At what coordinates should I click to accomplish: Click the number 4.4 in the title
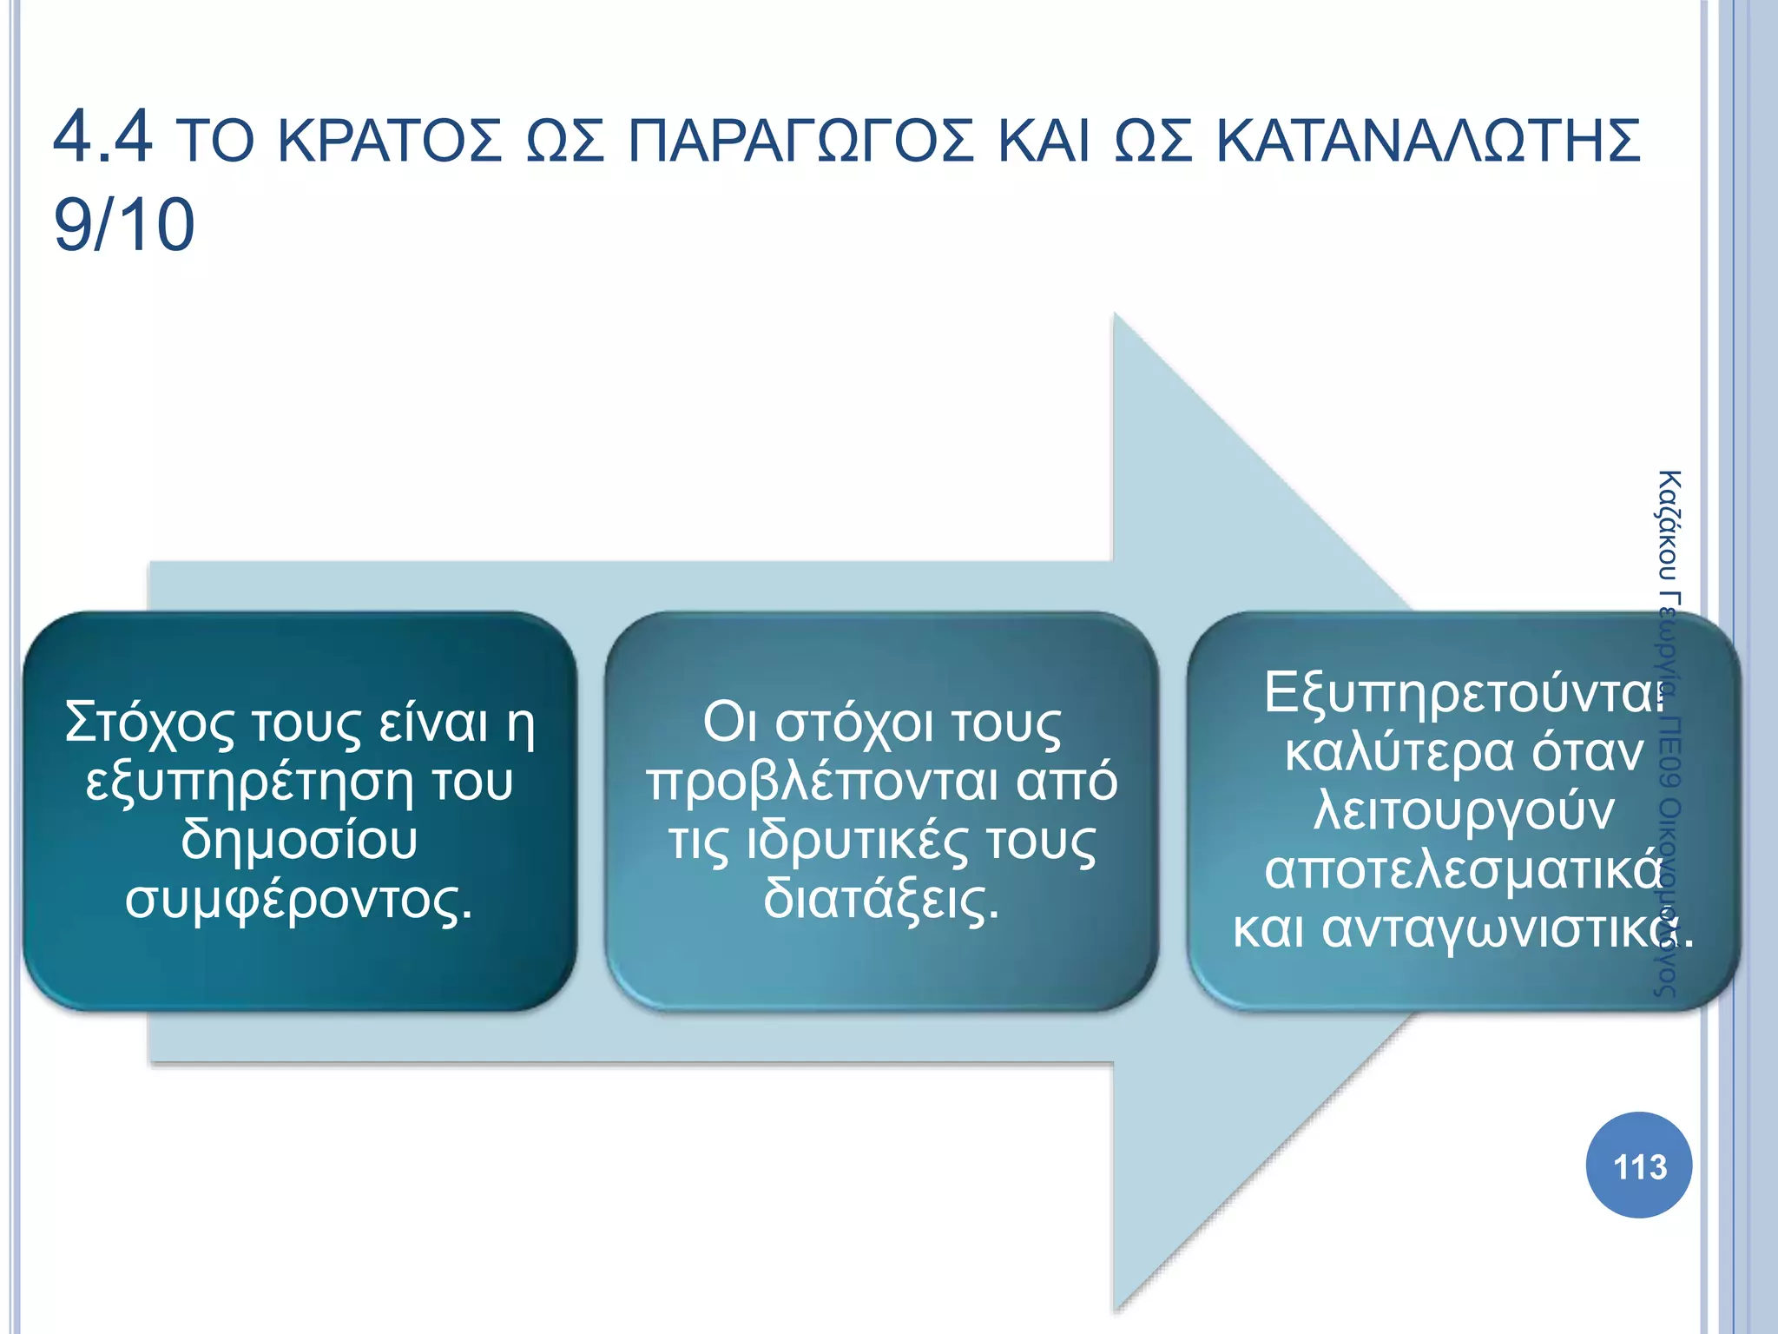click(102, 137)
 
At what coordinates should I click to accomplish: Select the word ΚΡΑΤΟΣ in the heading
click(390, 142)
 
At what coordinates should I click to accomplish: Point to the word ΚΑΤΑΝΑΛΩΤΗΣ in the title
click(1428, 142)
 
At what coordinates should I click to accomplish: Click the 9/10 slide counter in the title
click(124, 225)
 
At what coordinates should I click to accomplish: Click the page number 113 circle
click(1638, 1166)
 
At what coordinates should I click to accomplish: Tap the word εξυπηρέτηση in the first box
click(249, 783)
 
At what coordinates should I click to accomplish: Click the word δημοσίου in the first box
click(300, 840)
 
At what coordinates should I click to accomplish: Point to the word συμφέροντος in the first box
click(295, 900)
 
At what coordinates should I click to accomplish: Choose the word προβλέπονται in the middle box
click(826, 783)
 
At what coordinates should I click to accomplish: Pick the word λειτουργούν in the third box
click(1464, 810)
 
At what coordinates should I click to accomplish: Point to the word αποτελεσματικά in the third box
click(1464, 869)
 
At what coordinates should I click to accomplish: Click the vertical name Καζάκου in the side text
click(1669, 525)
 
